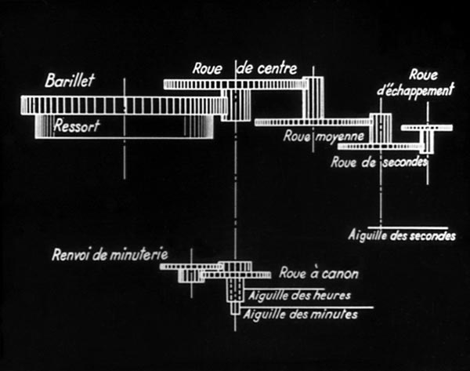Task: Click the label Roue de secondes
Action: point(379,162)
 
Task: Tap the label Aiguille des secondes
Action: point(400,235)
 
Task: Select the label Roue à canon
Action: point(319,273)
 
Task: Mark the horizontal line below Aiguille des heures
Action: point(305,306)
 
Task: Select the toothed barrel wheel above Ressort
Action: point(117,104)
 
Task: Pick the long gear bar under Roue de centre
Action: point(235,84)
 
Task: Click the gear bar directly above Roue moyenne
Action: point(313,122)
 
